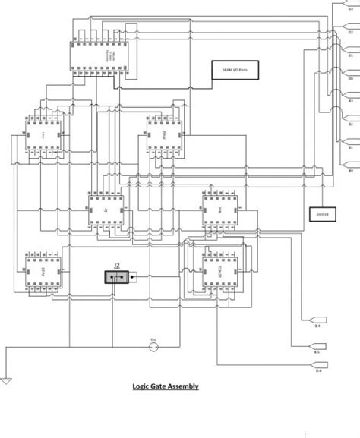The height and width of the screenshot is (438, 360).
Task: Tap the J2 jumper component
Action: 118,278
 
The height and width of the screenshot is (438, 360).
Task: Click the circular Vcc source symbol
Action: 153,347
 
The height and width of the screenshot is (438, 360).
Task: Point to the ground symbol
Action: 6,379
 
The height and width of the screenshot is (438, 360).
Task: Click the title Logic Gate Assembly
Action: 166,386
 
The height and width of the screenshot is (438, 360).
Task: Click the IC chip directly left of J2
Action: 43,270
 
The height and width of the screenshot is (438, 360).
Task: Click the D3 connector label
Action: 351,8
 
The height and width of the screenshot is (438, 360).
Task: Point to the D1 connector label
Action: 351,55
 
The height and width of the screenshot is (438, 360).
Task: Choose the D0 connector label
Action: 351,78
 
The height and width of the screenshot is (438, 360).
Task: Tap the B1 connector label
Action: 351,148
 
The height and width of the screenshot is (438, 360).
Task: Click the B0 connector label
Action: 351,171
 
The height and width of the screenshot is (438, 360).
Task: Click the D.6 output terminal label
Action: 318,370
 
